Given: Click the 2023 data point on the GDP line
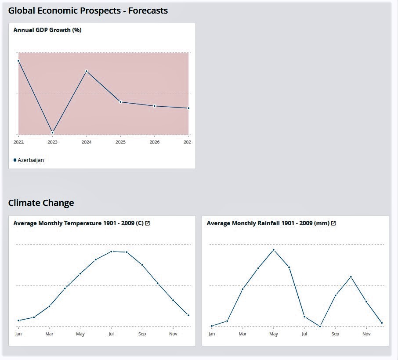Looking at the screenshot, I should tap(52, 133).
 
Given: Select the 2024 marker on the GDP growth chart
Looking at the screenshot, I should tap(87, 71).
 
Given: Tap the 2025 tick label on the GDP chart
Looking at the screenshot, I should tap(120, 142).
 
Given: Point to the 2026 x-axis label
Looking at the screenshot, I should tap(155, 142).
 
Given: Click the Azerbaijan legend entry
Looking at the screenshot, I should tap(29, 160).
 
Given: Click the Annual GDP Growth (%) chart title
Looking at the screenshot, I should tap(47, 30).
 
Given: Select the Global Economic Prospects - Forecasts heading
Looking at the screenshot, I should tap(88, 11).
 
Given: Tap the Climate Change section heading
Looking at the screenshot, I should tap(41, 203).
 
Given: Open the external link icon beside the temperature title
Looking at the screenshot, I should tap(148, 223).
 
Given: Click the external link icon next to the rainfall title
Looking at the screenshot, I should tap(333, 223).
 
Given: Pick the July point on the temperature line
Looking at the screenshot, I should tap(111, 252).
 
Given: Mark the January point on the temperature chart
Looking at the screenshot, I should tap(18, 320).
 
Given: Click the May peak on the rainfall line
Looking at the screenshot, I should tap(273, 250).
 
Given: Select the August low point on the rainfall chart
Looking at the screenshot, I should tap(320, 326).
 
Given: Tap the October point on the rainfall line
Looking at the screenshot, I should tap(351, 277).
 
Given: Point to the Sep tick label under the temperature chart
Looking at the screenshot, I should tap(142, 334).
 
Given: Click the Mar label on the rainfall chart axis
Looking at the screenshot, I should tap(242, 334).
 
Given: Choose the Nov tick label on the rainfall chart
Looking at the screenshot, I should tap(366, 334).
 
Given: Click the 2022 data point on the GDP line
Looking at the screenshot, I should tap(18, 61).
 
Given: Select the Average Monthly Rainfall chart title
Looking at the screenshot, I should tap(268, 223).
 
